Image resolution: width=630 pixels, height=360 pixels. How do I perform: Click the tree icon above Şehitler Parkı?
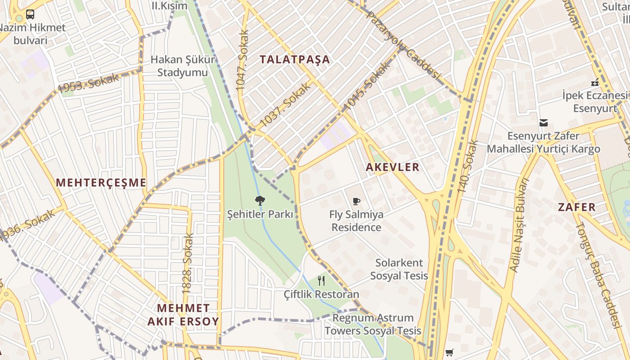259,201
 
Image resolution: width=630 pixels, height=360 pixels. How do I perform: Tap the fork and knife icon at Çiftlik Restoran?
321,281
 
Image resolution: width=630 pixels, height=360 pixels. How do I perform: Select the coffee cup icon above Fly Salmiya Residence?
356,201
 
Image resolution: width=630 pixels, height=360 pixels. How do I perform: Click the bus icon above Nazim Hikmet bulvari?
30,14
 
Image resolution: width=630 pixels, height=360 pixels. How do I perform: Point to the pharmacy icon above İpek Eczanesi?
595,82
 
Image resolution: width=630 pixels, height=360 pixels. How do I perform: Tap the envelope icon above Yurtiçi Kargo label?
544,122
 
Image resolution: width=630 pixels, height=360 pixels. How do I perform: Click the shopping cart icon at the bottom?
449,352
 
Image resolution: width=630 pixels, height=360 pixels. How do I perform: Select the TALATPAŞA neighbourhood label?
295,59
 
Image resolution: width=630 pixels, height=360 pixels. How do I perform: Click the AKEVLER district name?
392,167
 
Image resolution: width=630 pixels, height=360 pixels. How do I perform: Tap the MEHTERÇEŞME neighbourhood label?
101,183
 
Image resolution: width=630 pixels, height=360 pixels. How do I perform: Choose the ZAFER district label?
577,207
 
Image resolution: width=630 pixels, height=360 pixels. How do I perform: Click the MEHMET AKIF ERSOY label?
184,315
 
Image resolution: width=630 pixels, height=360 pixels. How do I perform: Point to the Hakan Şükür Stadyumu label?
183,66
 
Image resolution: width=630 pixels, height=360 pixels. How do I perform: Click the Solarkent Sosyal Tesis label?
399,269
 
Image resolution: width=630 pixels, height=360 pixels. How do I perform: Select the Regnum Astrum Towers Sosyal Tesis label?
373,324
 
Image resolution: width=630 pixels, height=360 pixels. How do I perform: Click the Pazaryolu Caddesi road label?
403,45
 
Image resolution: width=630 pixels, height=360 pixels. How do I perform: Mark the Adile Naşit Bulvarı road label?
519,225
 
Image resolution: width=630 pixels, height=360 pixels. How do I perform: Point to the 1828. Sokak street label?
188,263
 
